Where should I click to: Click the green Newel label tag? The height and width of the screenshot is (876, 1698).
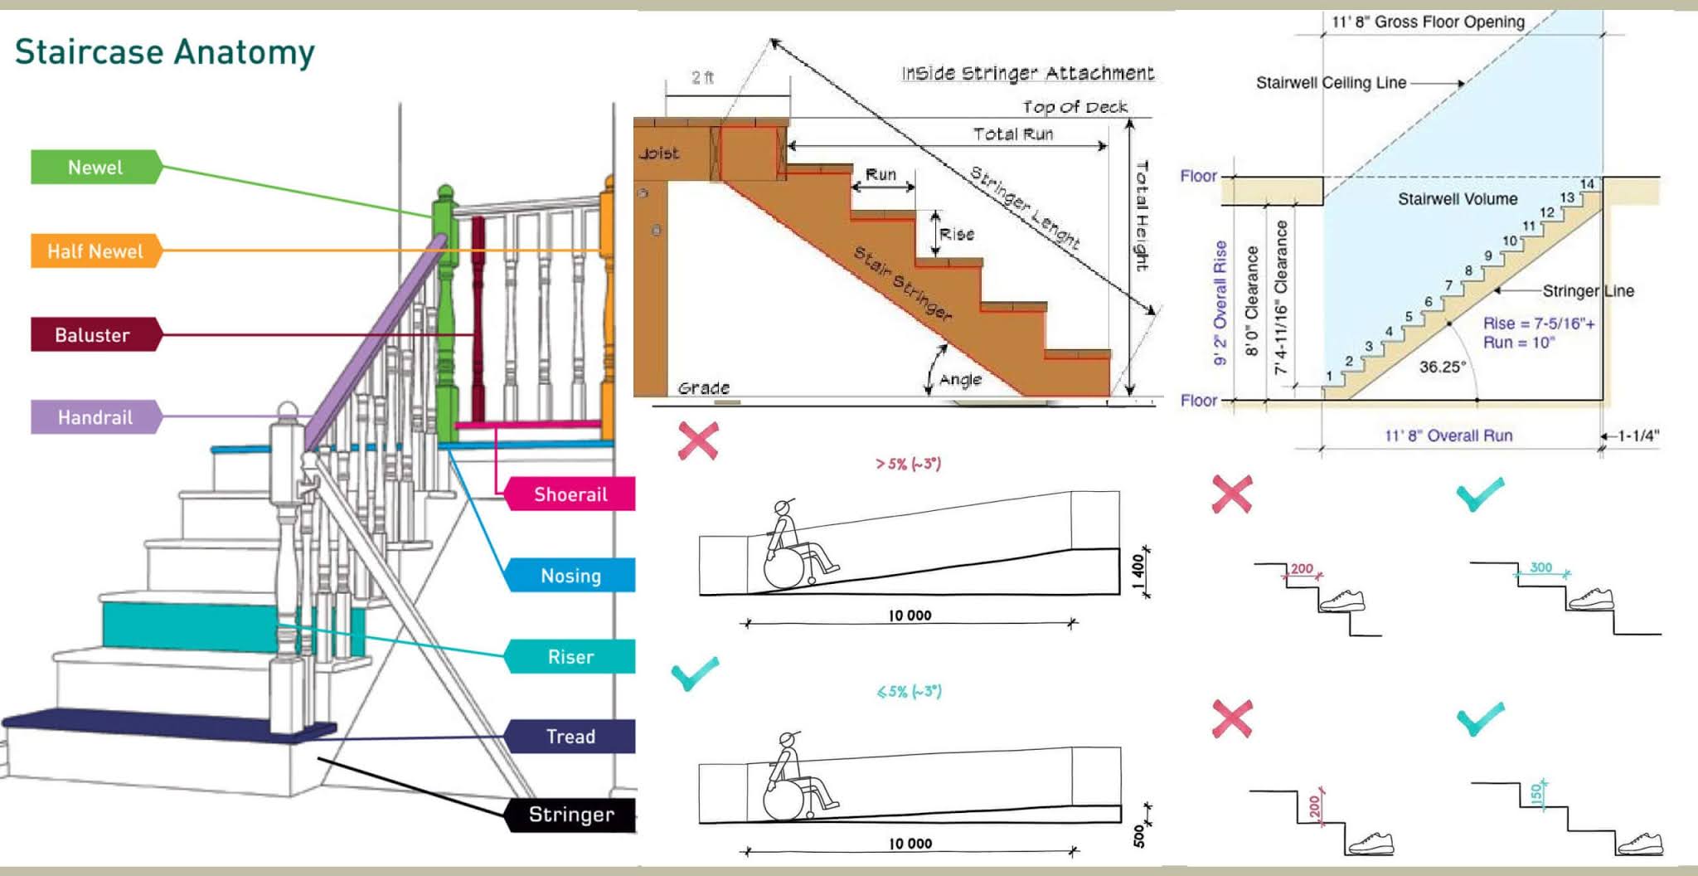coord(95,167)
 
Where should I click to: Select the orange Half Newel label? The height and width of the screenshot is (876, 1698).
coord(95,251)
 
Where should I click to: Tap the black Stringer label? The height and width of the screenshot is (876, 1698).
coord(571,815)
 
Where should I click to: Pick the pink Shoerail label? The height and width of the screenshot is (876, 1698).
coord(570,494)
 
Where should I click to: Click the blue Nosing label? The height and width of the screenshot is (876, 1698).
coord(570,576)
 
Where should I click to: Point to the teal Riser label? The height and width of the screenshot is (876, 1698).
coord(570,657)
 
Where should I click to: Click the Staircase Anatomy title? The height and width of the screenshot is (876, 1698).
coord(165,51)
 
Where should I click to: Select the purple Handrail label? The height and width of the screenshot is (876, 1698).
coord(95,417)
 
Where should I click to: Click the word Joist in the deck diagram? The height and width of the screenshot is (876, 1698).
coord(659,153)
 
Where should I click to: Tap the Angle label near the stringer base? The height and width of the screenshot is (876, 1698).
coord(960,380)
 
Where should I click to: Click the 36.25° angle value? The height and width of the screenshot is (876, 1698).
coord(1442,367)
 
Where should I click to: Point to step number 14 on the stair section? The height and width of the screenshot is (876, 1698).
coord(1587,184)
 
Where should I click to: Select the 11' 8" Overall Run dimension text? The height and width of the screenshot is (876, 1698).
coord(1448,436)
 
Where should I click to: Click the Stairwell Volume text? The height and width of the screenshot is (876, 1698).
coord(1458,199)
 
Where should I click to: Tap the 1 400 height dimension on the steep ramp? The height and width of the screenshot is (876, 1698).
coord(1138,569)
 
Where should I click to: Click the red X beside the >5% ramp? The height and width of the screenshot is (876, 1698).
coord(698,440)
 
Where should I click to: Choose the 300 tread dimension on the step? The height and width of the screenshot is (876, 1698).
coord(1540,567)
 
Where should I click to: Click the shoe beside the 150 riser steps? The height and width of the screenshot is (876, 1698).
coord(1640,844)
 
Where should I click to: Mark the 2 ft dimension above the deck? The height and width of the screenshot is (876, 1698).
coord(702,78)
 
